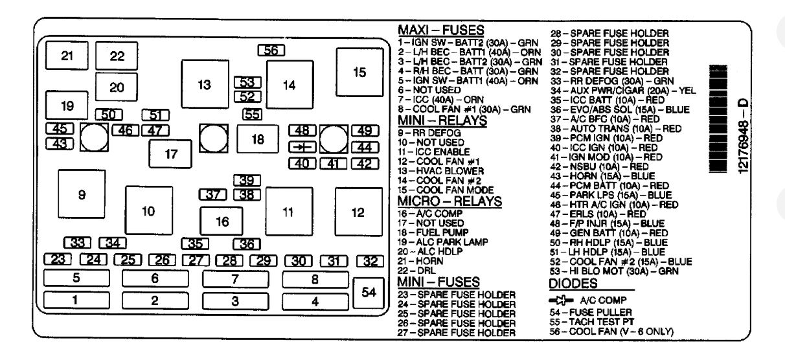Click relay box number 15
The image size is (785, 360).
pyautogui.click(x=359, y=72)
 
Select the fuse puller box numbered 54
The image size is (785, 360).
pyautogui.click(x=369, y=293)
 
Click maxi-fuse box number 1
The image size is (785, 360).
pyautogui.click(x=76, y=300)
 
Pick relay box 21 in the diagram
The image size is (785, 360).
pyautogui.click(x=67, y=55)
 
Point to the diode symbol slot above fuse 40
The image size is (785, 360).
pyautogui.click(x=301, y=147)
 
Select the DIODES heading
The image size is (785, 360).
pyautogui.click(x=573, y=284)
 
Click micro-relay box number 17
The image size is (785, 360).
pyautogui.click(x=171, y=155)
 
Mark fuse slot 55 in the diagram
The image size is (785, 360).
pyautogui.click(x=252, y=115)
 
